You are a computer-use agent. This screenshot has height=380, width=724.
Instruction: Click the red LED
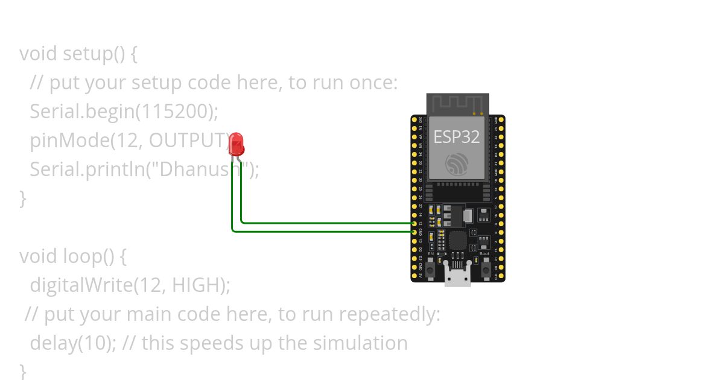[237, 144]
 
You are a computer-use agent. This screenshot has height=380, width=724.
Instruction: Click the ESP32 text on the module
[457, 137]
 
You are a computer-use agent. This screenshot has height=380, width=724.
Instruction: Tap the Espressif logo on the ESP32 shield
[457, 165]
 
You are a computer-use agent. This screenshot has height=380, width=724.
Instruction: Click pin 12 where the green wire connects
[414, 223]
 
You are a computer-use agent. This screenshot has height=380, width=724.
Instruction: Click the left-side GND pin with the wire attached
[414, 232]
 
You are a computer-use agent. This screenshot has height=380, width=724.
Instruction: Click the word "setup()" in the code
[94, 54]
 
